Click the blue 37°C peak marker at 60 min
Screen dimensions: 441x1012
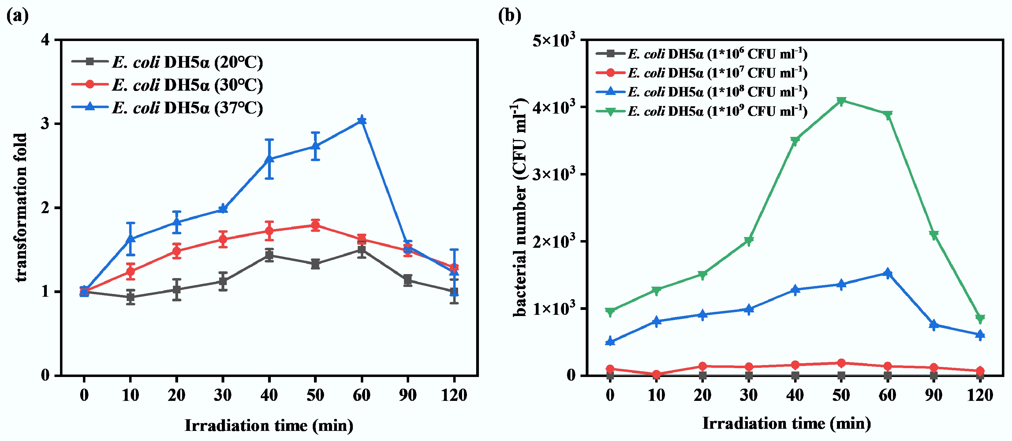tap(362, 120)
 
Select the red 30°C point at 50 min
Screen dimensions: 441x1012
tap(315, 225)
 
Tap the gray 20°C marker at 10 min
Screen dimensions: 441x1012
tap(130, 297)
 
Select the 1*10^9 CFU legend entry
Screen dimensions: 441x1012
tap(701, 111)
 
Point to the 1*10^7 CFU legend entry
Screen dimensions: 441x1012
tap(701, 73)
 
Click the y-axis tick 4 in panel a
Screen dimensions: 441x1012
tap(46, 40)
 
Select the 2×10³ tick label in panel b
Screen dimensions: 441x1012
tap(554, 241)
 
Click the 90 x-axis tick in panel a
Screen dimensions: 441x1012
tap(408, 395)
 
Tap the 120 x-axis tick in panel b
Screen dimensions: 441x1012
tap(980, 395)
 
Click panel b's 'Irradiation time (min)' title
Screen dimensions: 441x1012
tap(786, 424)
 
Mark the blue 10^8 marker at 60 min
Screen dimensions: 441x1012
tap(887, 273)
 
